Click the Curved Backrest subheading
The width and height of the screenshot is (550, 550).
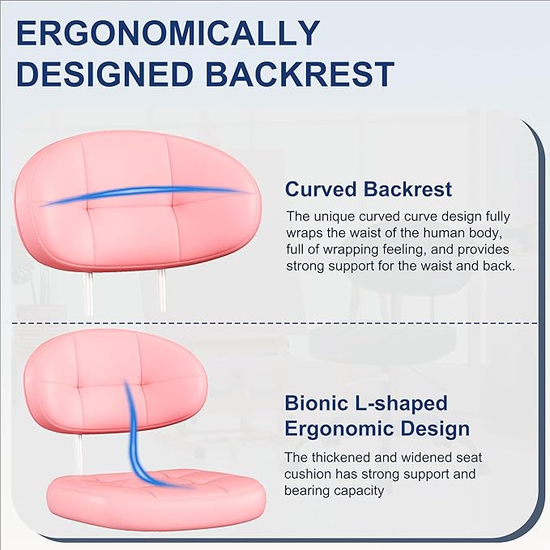click(369, 189)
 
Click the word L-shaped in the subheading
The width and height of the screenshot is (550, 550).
click(403, 403)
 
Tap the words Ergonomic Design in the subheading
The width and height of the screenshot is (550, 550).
click(377, 428)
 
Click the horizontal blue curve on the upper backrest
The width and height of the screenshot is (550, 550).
click(146, 195)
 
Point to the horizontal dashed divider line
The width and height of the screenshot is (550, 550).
click(275, 322)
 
